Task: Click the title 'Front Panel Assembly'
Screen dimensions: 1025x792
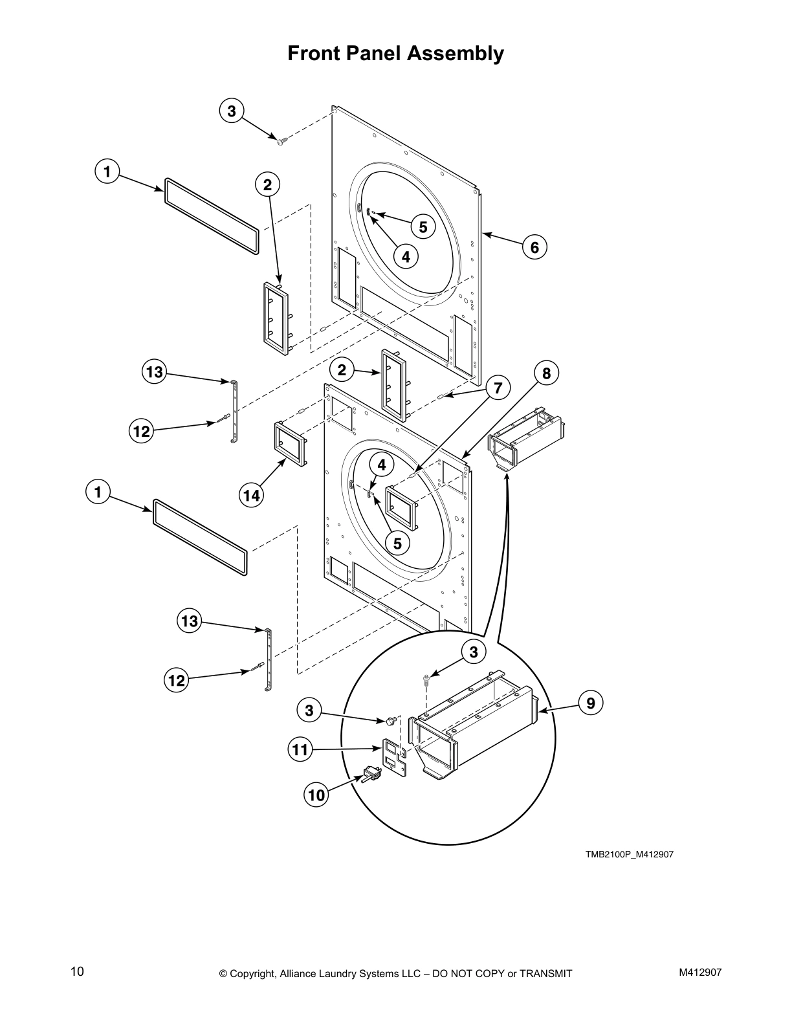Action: coord(395,53)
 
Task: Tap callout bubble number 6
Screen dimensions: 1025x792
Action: coord(534,247)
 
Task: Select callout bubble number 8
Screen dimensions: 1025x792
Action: coord(546,373)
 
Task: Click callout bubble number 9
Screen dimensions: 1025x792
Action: coord(590,702)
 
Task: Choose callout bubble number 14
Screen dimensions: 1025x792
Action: coord(252,495)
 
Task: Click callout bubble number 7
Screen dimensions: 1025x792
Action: coord(498,388)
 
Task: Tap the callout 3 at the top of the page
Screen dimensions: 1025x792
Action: coord(231,110)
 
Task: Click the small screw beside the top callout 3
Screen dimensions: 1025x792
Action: coord(280,140)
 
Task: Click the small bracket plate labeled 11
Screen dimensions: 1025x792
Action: coord(392,755)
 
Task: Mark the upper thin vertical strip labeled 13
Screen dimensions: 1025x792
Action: coord(233,412)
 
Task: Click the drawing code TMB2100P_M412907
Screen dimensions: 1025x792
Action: coord(630,854)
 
